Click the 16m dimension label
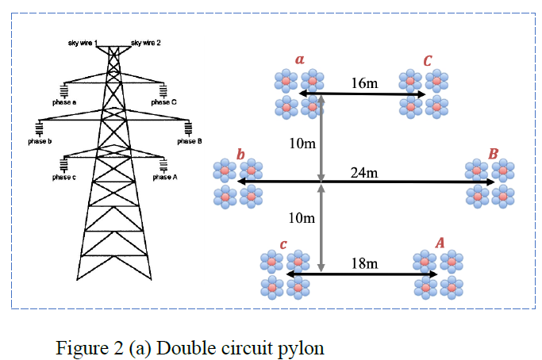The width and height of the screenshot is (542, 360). coord(364,82)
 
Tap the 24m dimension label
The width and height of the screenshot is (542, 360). coord(364,171)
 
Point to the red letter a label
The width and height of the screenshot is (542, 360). coord(299,59)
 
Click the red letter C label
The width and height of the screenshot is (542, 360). coord(428,60)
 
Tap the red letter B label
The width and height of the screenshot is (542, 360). coord(493,152)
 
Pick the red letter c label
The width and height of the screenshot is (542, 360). coord(283,243)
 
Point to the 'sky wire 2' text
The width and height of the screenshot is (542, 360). coord(146,42)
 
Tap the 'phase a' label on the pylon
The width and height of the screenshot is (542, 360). coord(64,102)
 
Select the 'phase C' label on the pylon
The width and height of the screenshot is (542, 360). coord(163,102)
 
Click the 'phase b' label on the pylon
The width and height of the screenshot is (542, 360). coord(39,140)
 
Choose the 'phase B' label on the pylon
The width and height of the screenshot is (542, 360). coord(190,141)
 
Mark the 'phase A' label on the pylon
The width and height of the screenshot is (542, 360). coord(164,177)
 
